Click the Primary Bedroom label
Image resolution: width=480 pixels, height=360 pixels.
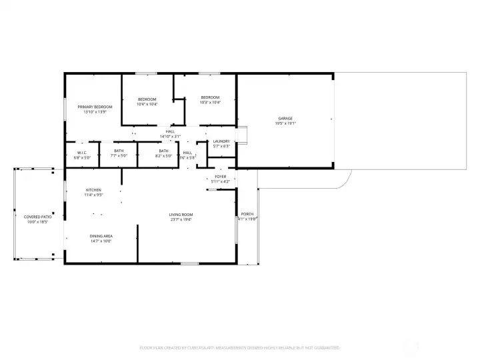95,107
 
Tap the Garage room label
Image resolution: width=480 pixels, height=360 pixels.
285,119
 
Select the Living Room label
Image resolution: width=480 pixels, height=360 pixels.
180,214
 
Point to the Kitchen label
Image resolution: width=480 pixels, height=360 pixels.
93,191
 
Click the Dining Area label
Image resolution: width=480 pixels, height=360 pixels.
101,236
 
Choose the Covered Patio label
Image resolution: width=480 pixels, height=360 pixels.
38,217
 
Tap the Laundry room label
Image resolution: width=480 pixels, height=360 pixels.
221,141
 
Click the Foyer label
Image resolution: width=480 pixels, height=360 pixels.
220,177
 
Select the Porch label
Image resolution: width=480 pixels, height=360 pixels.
247,214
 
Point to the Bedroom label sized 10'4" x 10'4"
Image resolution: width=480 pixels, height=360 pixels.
147,99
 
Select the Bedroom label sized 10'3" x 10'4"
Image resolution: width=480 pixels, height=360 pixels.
210,98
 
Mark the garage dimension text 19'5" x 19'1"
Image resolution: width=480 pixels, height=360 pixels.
285,124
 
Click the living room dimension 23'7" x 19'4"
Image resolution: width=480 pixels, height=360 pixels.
180,219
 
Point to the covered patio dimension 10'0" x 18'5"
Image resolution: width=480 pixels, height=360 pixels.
38,222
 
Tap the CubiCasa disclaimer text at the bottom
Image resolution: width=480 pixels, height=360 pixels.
240,348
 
